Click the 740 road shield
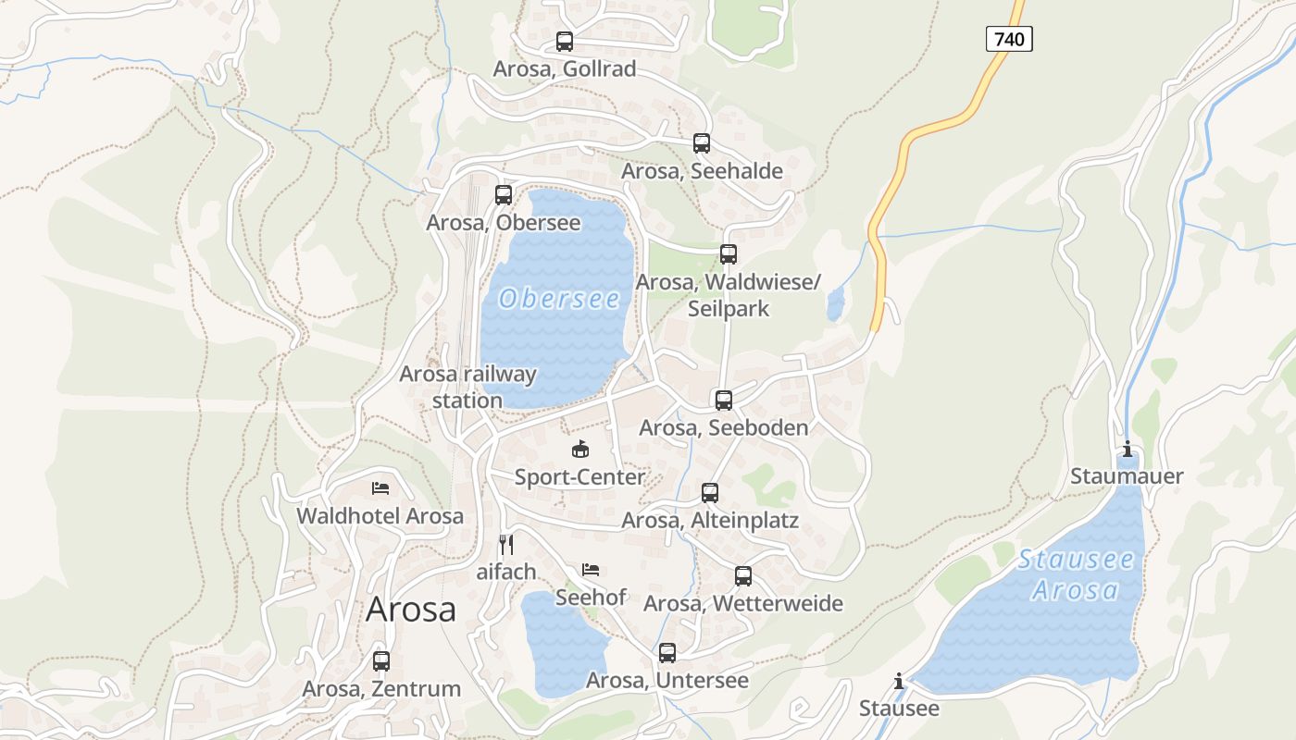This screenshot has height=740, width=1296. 1008,39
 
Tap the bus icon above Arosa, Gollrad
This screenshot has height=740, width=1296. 565,42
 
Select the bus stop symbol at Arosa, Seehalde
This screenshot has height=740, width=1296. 702,143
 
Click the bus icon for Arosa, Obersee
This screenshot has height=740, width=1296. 504,195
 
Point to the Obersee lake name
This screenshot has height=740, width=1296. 559,299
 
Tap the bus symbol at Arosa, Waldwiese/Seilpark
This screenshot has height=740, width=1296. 729,254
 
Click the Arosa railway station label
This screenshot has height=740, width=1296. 467,387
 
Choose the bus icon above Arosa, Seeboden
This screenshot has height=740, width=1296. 724,401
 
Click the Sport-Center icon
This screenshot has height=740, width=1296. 580,450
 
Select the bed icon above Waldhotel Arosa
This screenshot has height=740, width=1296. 380,488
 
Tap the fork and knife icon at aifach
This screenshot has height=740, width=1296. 506,544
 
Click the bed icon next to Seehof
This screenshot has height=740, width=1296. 591,570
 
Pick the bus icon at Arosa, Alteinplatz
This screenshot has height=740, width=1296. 710,493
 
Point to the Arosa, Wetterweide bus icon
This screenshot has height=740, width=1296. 743,576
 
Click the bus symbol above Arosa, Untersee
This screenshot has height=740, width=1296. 667,653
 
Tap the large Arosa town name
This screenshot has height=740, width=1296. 411,610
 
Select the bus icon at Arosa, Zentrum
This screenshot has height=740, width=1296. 381,661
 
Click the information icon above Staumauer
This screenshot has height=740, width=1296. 1128,450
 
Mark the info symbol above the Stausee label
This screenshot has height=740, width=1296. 899,682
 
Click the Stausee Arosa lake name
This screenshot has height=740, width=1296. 1076,574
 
